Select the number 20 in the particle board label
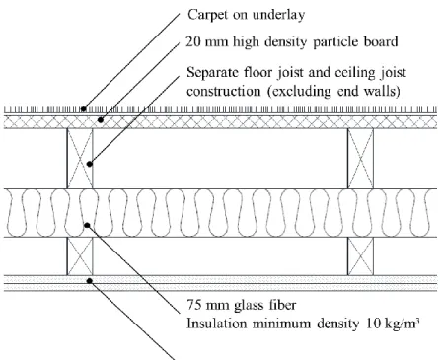pyautogui.click(x=192, y=42)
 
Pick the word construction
pyautogui.click(x=224, y=91)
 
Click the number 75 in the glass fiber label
pyautogui.click(x=193, y=305)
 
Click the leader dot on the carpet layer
pyautogui.click(x=84, y=108)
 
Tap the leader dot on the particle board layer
pyautogui.click(x=101, y=120)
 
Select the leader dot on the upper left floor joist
pyautogui.click(x=90, y=164)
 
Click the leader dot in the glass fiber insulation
pyautogui.click(x=87, y=225)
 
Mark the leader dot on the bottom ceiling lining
pyautogui.click(x=89, y=281)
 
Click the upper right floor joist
pyautogui.click(x=360, y=159)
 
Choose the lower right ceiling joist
pyautogui.click(x=360, y=256)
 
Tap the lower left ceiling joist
pyautogui.click(x=80, y=256)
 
